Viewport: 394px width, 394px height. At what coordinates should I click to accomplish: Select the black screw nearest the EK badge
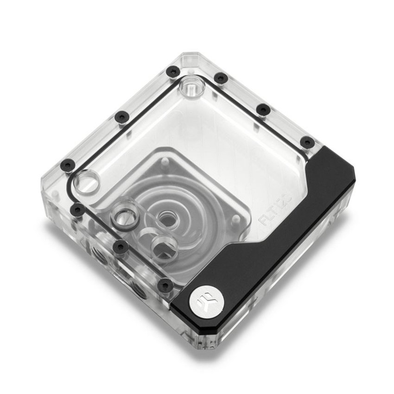tap(165, 286)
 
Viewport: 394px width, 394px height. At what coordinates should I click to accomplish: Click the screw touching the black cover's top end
tap(307, 142)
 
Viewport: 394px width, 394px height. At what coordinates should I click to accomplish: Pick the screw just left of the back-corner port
tap(172, 72)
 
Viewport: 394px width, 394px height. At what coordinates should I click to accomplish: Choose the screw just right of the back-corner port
tap(221, 78)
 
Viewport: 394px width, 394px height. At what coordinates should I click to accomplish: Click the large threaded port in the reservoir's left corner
tap(87, 181)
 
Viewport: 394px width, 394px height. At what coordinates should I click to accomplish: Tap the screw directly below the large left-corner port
tap(77, 210)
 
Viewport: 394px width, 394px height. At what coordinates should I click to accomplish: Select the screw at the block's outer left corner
tap(68, 164)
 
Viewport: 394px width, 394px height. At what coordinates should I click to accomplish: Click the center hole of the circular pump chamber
tap(165, 218)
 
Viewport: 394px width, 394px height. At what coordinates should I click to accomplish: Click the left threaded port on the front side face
tap(99, 253)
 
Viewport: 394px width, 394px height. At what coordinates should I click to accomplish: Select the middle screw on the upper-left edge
tap(122, 117)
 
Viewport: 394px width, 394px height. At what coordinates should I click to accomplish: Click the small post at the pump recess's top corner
tap(165, 162)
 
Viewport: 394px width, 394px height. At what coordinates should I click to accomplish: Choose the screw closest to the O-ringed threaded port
tap(121, 246)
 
